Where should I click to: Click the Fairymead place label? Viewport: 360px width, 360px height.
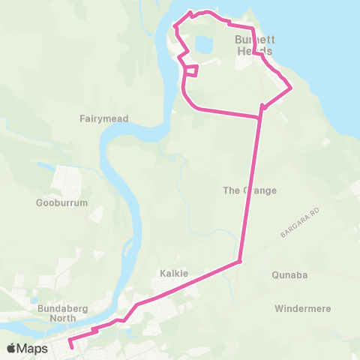[104, 118]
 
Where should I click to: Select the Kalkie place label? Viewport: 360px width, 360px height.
[173, 273]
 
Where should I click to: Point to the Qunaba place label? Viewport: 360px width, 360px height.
[290, 275]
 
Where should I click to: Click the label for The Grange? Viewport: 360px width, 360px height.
[250, 190]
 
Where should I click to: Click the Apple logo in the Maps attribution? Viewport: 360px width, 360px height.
[11, 349]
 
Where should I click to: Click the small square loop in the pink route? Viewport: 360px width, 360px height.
[191, 71]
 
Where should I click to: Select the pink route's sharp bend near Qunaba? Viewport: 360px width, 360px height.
[239, 262]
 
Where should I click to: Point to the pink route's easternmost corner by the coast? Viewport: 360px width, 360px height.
[291, 88]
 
